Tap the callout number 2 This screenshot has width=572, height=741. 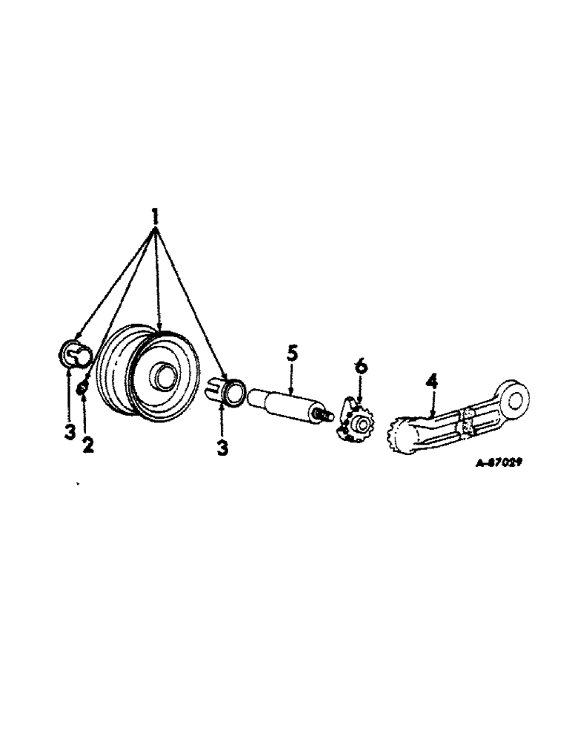(x=88, y=446)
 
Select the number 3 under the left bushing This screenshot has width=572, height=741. (x=69, y=432)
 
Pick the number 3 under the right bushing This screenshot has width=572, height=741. (x=222, y=448)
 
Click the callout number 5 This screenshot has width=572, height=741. (x=292, y=353)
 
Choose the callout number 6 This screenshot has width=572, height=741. (x=360, y=366)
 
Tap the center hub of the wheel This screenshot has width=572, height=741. (x=162, y=376)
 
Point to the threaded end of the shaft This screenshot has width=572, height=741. (x=321, y=417)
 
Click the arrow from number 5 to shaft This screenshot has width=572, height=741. (x=292, y=378)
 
